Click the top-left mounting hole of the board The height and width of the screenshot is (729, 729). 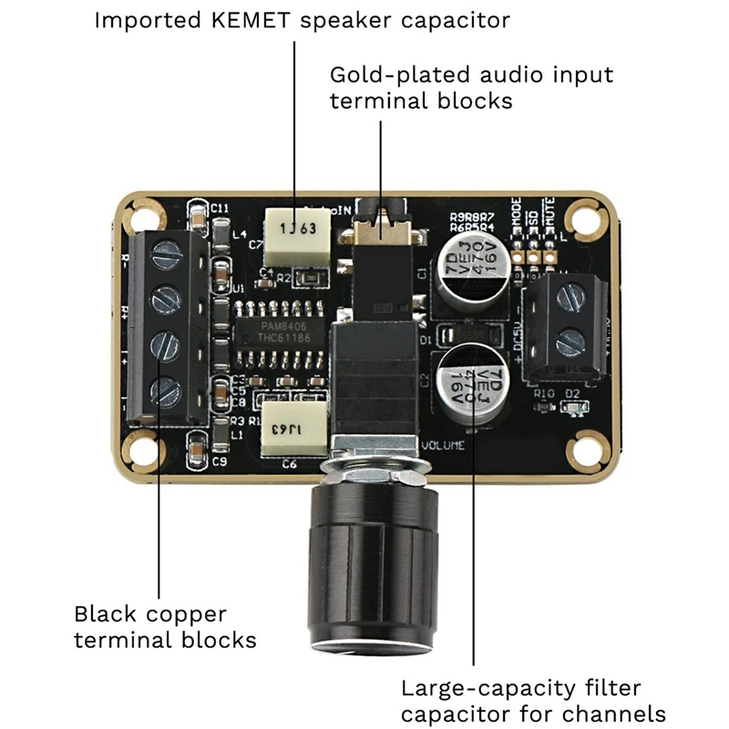pyautogui.click(x=141, y=216)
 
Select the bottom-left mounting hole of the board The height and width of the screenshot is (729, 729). pyautogui.click(x=141, y=449)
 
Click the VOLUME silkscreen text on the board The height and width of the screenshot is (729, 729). pyautogui.click(x=444, y=446)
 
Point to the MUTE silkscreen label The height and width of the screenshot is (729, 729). pyautogui.click(x=549, y=215)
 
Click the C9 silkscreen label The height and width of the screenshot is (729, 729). pyautogui.click(x=218, y=462)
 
